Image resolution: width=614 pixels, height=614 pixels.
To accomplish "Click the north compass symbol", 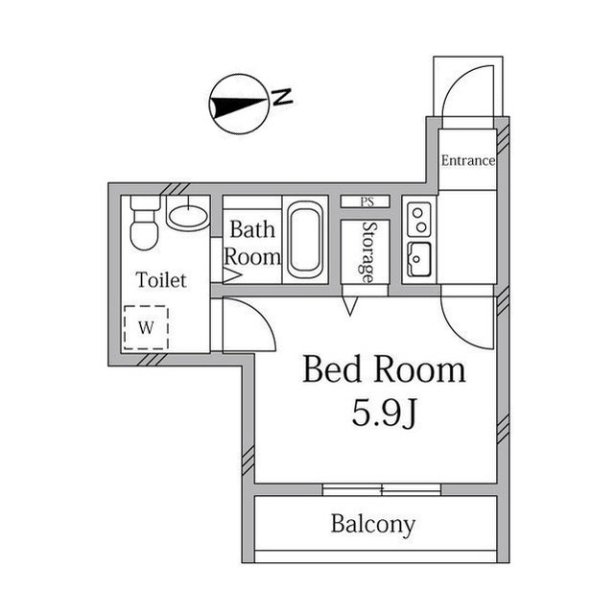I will pyautogui.click(x=239, y=103).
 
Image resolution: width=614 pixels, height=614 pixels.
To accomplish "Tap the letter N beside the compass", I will pyautogui.click(x=282, y=97).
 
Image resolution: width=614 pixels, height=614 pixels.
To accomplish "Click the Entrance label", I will pyautogui.click(x=467, y=160).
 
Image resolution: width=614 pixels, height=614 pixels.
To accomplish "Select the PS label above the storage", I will pyautogui.click(x=366, y=201).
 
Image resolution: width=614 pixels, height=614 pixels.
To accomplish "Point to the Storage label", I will pyautogui.click(x=366, y=252).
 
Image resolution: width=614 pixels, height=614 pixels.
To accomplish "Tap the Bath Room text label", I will pyautogui.click(x=253, y=244).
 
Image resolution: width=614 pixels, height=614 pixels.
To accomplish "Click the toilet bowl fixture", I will pyautogui.click(x=144, y=224).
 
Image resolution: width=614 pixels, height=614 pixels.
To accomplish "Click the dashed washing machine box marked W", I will pyautogui.click(x=146, y=327).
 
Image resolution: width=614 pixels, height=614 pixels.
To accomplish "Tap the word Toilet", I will pyautogui.click(x=160, y=280).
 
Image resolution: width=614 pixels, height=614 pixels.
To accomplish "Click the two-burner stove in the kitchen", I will pyautogui.click(x=419, y=221).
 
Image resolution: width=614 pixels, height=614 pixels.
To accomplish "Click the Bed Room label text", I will pyautogui.click(x=384, y=369).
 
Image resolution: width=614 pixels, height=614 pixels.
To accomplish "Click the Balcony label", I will pyautogui.click(x=373, y=525).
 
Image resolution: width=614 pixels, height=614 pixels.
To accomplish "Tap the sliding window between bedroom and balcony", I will pyautogui.click(x=381, y=489).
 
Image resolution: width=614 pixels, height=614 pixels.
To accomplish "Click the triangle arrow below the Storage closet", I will pyautogui.click(x=350, y=306).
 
